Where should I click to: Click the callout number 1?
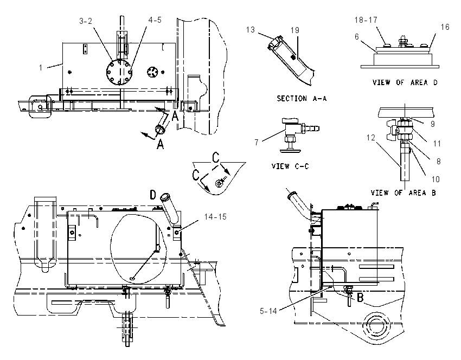tap(41, 68)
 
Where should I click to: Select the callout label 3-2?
tap(85, 21)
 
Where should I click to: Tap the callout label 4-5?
tap(155, 20)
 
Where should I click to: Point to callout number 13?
tap(251, 30)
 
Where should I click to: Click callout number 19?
tap(295, 30)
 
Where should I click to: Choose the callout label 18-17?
tap(366, 20)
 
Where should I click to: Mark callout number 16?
tap(445, 27)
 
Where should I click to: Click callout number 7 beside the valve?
tap(257, 143)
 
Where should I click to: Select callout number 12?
tap(371, 138)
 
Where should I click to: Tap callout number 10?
tap(436, 179)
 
